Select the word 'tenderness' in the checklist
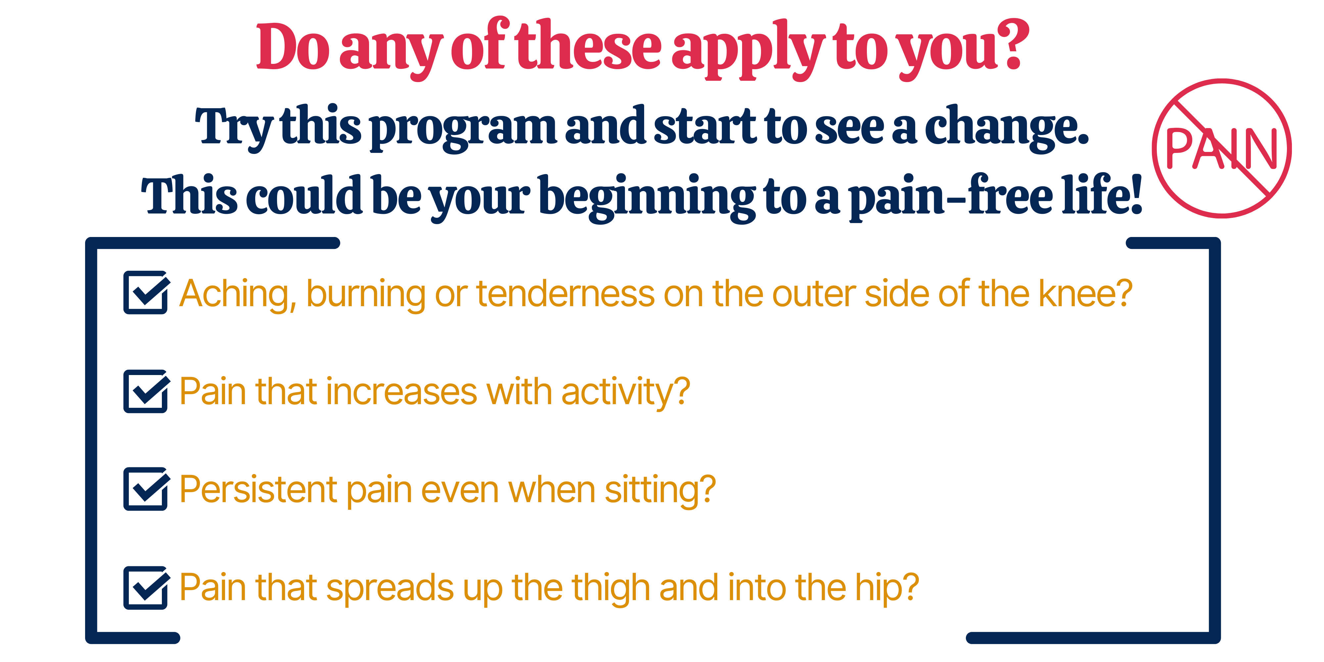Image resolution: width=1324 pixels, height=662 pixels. pyautogui.click(x=565, y=294)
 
